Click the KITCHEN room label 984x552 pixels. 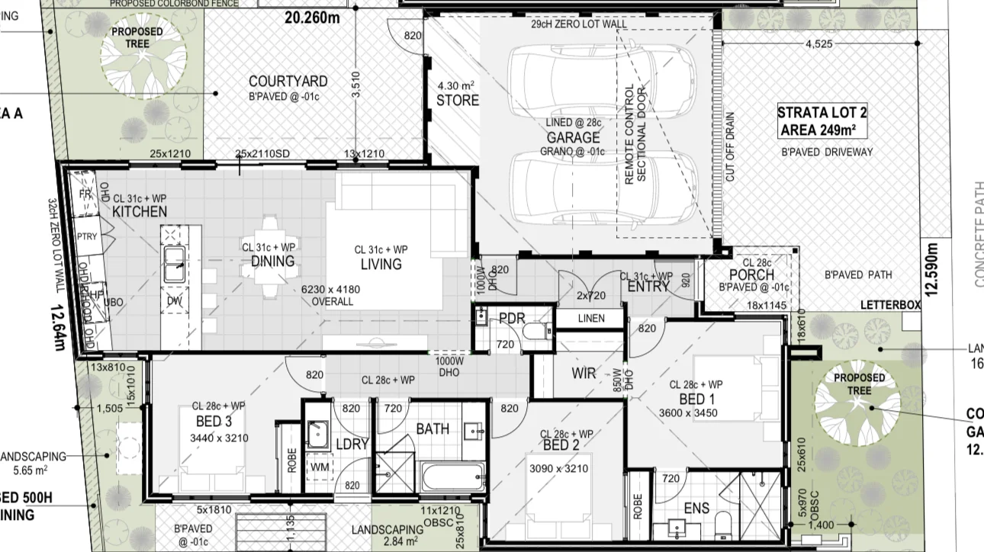click(140, 211)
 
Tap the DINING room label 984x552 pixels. click(272, 262)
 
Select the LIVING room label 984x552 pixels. click(381, 264)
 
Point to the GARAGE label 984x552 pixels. click(573, 137)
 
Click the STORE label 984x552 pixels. click(458, 100)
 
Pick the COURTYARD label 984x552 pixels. click(288, 82)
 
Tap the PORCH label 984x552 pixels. click(752, 274)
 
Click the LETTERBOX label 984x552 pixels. click(890, 305)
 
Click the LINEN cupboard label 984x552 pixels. click(591, 318)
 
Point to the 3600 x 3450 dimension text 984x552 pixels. click(688, 413)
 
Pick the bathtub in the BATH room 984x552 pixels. click(452, 478)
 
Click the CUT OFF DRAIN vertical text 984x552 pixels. click(730, 146)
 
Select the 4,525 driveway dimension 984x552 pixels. click(818, 43)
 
